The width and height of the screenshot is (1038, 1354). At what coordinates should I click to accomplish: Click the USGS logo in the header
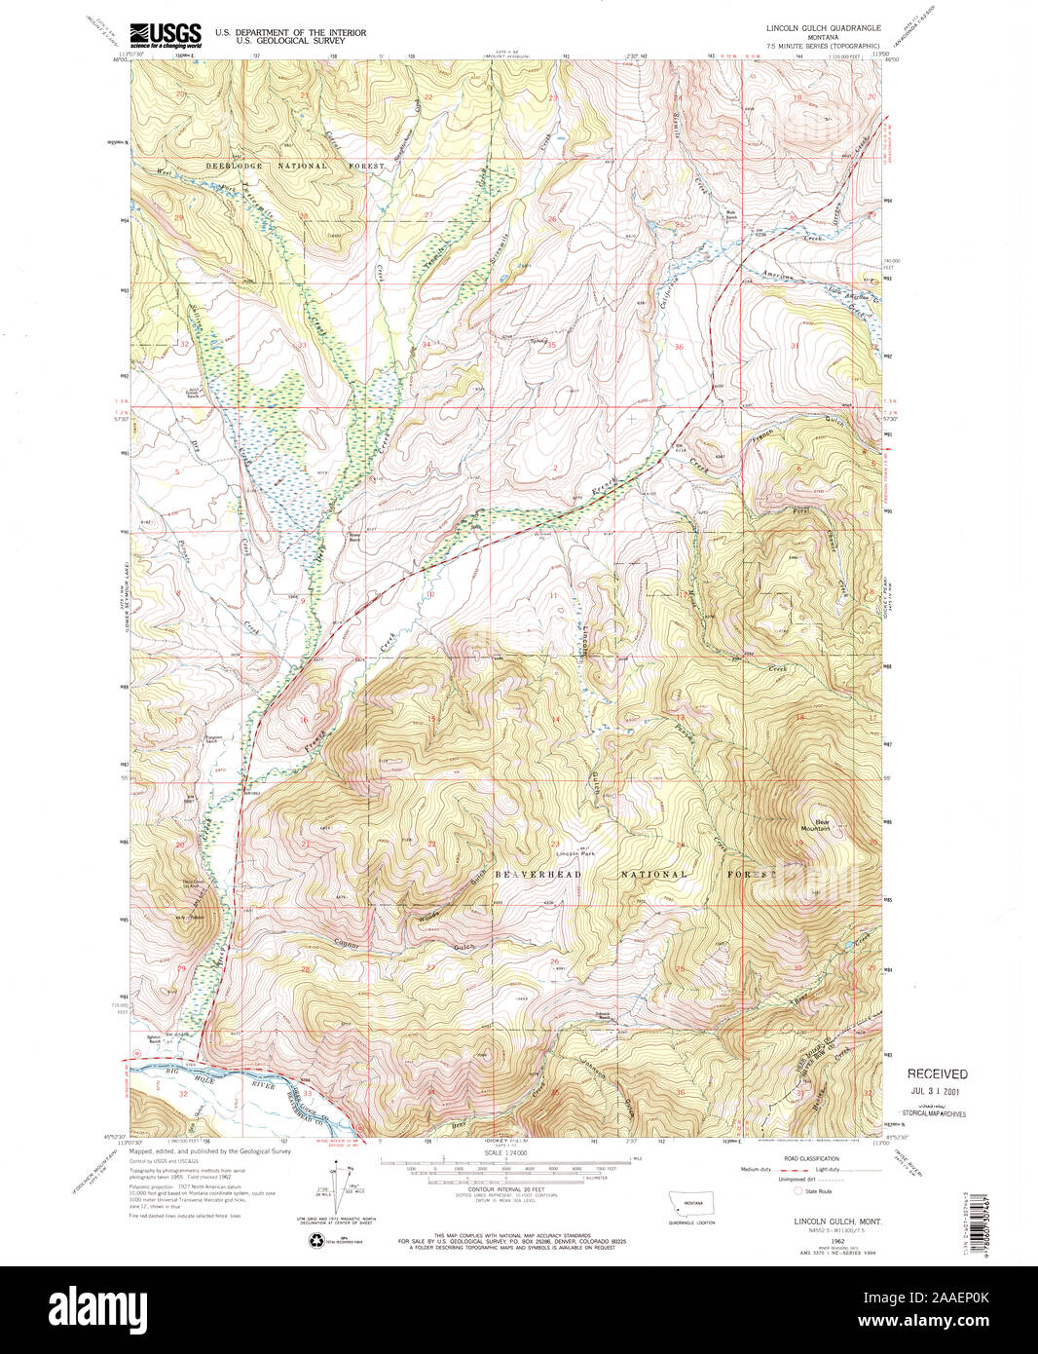click(x=165, y=34)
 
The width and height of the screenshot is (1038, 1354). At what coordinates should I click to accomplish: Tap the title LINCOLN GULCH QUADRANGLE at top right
click(x=823, y=28)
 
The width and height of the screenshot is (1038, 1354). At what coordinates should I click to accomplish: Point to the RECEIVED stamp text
click(x=937, y=1073)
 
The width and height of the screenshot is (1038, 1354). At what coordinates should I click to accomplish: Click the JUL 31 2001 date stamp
click(x=937, y=1093)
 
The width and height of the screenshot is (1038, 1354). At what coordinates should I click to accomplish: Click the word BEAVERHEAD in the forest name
click(x=538, y=875)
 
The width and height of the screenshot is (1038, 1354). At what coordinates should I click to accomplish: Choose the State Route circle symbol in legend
click(x=799, y=1190)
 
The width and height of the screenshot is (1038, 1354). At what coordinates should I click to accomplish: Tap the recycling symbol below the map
click(x=317, y=1240)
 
